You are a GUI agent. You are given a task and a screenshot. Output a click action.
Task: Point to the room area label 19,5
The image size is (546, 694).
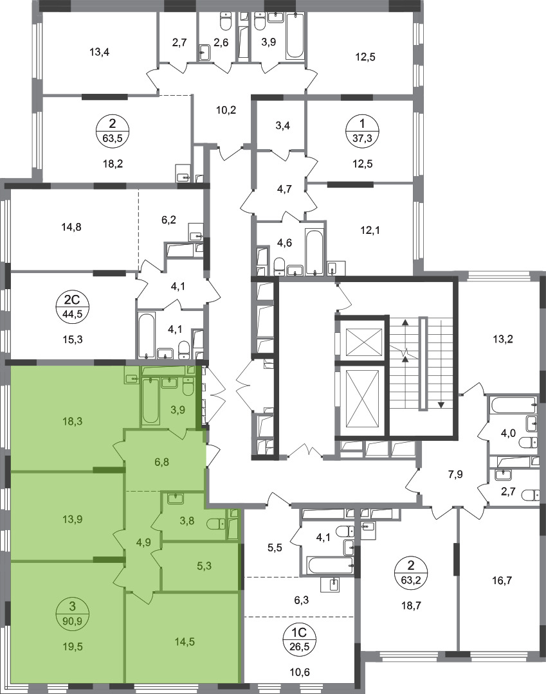coord(73,647)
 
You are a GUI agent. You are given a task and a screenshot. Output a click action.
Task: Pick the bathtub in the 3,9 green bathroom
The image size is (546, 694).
coord(150,400)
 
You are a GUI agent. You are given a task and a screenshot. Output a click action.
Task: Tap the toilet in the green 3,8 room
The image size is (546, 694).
coord(215,524)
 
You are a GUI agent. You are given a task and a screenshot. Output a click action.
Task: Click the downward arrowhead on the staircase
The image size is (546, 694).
coord(441,405)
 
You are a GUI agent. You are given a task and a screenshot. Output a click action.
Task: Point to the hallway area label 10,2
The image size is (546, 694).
coord(226,110)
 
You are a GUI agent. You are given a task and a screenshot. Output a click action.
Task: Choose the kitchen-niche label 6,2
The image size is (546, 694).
coord(168,219)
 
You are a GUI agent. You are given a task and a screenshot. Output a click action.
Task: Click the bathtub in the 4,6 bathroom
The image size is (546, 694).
coord(315,252)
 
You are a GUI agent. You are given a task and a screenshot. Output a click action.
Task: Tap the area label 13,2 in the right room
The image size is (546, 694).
coord(503,339)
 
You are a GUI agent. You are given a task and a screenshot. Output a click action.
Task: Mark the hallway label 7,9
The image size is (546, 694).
coord(455,474)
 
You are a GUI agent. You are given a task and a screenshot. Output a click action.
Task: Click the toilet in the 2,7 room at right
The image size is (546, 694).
coord(531,494)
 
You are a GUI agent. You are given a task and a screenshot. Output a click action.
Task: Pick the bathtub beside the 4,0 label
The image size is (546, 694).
coord(513,405)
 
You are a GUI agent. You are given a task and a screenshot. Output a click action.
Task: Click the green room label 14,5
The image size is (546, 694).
coord(185,641)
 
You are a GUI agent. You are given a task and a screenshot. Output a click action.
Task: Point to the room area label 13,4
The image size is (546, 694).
coord(100,52)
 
